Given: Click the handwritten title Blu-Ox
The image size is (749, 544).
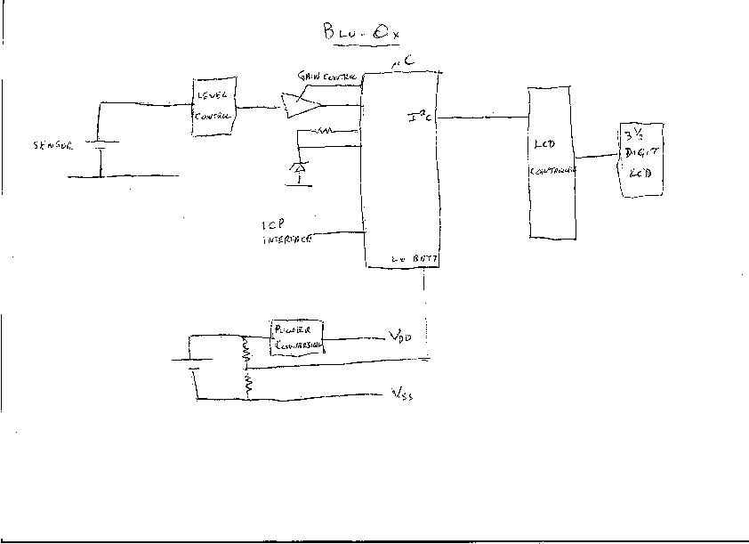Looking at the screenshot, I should coord(361,33).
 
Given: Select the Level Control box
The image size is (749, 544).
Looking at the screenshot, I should coord(214,107).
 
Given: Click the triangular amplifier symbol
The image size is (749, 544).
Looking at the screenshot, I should coord(300,106).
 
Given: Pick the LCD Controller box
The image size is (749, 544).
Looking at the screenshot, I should coord(552,162).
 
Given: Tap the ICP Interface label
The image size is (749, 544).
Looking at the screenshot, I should coord(285,231).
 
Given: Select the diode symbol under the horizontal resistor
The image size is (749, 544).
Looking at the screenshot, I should coord(299,166).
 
